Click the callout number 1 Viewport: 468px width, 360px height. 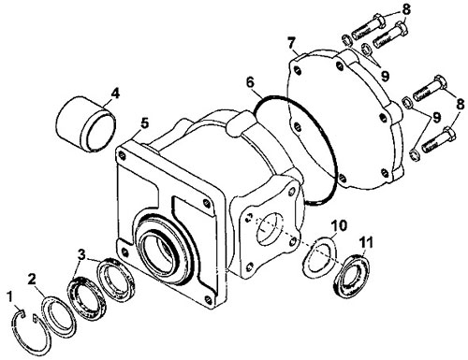pyautogui.click(x=10, y=297)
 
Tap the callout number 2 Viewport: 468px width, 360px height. pyautogui.click(x=32, y=279)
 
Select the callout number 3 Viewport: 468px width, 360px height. pyautogui.click(x=81, y=254)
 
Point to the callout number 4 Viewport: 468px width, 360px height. pyautogui.click(x=115, y=94)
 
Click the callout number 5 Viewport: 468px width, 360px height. pyautogui.click(x=145, y=123)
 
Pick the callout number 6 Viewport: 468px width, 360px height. pyautogui.click(x=250, y=82)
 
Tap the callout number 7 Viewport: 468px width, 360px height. pyautogui.click(x=291, y=44)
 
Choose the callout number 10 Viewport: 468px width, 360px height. pyautogui.click(x=339, y=225)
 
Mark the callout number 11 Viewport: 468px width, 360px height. pyautogui.click(x=366, y=242)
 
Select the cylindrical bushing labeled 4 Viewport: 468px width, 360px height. pyautogui.click(x=86, y=123)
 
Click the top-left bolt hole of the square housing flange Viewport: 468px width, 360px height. pyautogui.click(x=122, y=154)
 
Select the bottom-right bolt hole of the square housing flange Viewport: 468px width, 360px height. pyautogui.click(x=208, y=300)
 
